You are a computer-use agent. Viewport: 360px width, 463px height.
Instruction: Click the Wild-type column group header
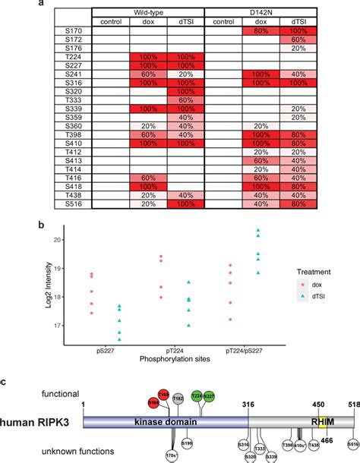point(147,13)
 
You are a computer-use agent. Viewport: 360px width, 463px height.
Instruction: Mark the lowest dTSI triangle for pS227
point(118,341)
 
